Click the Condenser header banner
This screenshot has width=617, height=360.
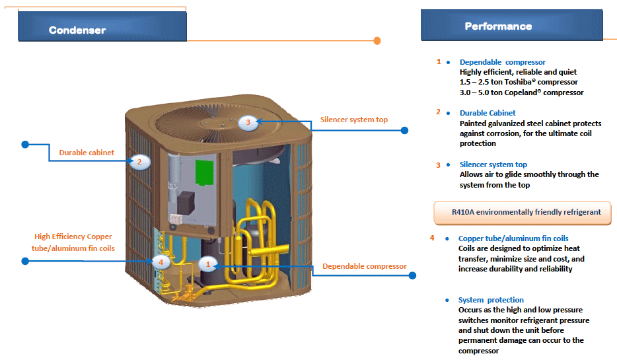(x=102, y=27)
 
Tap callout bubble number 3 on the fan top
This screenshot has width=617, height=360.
(x=248, y=122)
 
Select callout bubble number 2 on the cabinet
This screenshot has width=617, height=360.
(x=140, y=162)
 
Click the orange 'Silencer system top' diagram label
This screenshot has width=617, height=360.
(x=354, y=120)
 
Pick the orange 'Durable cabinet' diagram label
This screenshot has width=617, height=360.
(x=87, y=153)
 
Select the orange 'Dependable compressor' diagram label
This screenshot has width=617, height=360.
(x=364, y=266)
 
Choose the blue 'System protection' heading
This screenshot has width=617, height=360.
(x=491, y=300)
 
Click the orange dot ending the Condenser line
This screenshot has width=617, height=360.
(x=377, y=41)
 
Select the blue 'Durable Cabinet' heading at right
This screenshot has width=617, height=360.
(x=488, y=113)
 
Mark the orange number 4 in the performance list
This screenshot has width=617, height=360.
(x=432, y=238)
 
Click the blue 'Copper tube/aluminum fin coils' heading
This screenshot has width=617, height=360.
(x=513, y=238)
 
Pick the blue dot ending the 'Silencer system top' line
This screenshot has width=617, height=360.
(x=405, y=131)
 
